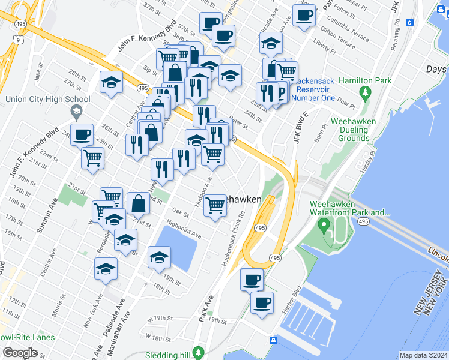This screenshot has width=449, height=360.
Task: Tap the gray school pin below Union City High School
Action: pos(76,111)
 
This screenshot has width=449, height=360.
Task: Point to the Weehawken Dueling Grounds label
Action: pos(354,130)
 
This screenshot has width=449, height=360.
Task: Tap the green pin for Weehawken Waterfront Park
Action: pos(325,226)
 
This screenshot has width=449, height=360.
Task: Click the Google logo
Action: pos(20,352)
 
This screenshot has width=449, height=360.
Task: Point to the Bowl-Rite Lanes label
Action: pos(26,337)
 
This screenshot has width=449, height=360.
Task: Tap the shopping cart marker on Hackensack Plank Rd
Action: pos(215,206)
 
